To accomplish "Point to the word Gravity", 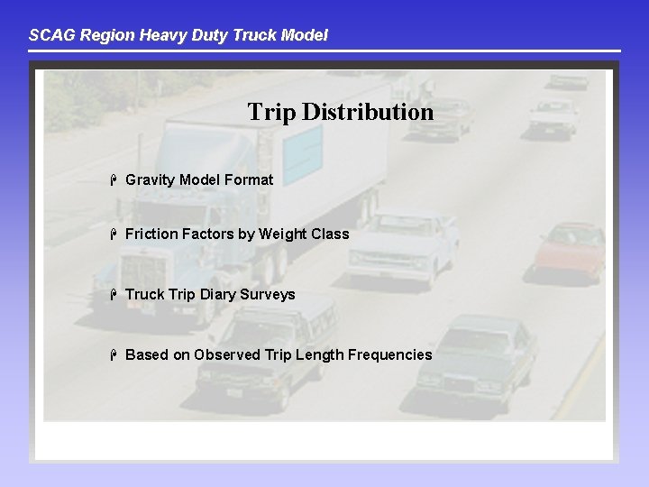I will click(x=150, y=179).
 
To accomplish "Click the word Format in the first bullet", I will click(x=249, y=179).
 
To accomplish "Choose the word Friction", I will click(x=151, y=234).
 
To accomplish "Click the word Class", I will click(x=330, y=234).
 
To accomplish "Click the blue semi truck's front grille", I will click(x=144, y=271).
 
